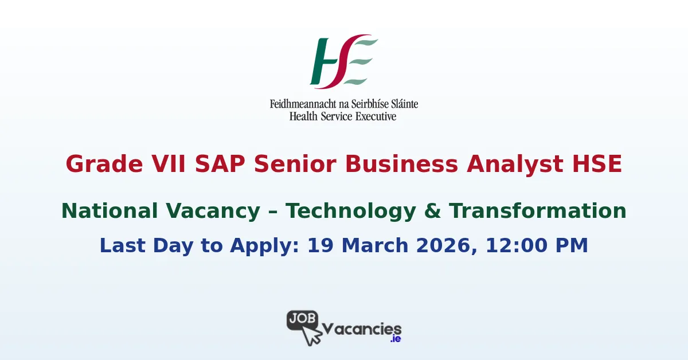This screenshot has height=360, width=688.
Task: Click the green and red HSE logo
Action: (343, 61)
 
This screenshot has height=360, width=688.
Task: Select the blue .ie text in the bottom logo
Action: (395, 339)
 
